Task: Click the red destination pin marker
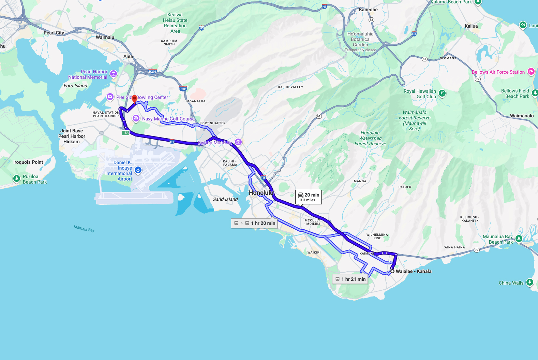coord(134,99)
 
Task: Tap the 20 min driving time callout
coord(309,197)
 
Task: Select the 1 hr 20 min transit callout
coord(254,223)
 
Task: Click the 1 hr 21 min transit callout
coord(350,279)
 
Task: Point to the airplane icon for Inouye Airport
coord(138,170)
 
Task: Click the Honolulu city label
coord(261,193)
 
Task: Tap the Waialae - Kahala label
coord(414,271)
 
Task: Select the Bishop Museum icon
coord(238,142)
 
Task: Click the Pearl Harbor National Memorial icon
coord(114,74)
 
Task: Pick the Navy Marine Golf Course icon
coord(136,118)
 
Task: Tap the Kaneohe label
coord(368,10)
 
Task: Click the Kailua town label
coord(471,26)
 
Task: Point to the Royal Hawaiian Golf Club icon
coord(442,93)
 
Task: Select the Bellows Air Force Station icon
coord(531,71)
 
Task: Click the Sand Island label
coord(225,199)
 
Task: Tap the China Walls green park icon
coord(529,282)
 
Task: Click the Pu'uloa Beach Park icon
coord(17,178)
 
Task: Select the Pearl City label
coord(54,33)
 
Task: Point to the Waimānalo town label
coord(522,116)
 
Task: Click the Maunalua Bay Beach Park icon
coord(519,239)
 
